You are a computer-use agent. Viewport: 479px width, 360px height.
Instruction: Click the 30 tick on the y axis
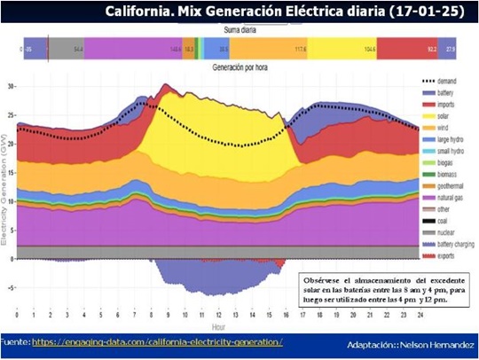tap(11, 87)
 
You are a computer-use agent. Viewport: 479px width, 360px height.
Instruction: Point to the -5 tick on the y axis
tap(11, 287)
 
